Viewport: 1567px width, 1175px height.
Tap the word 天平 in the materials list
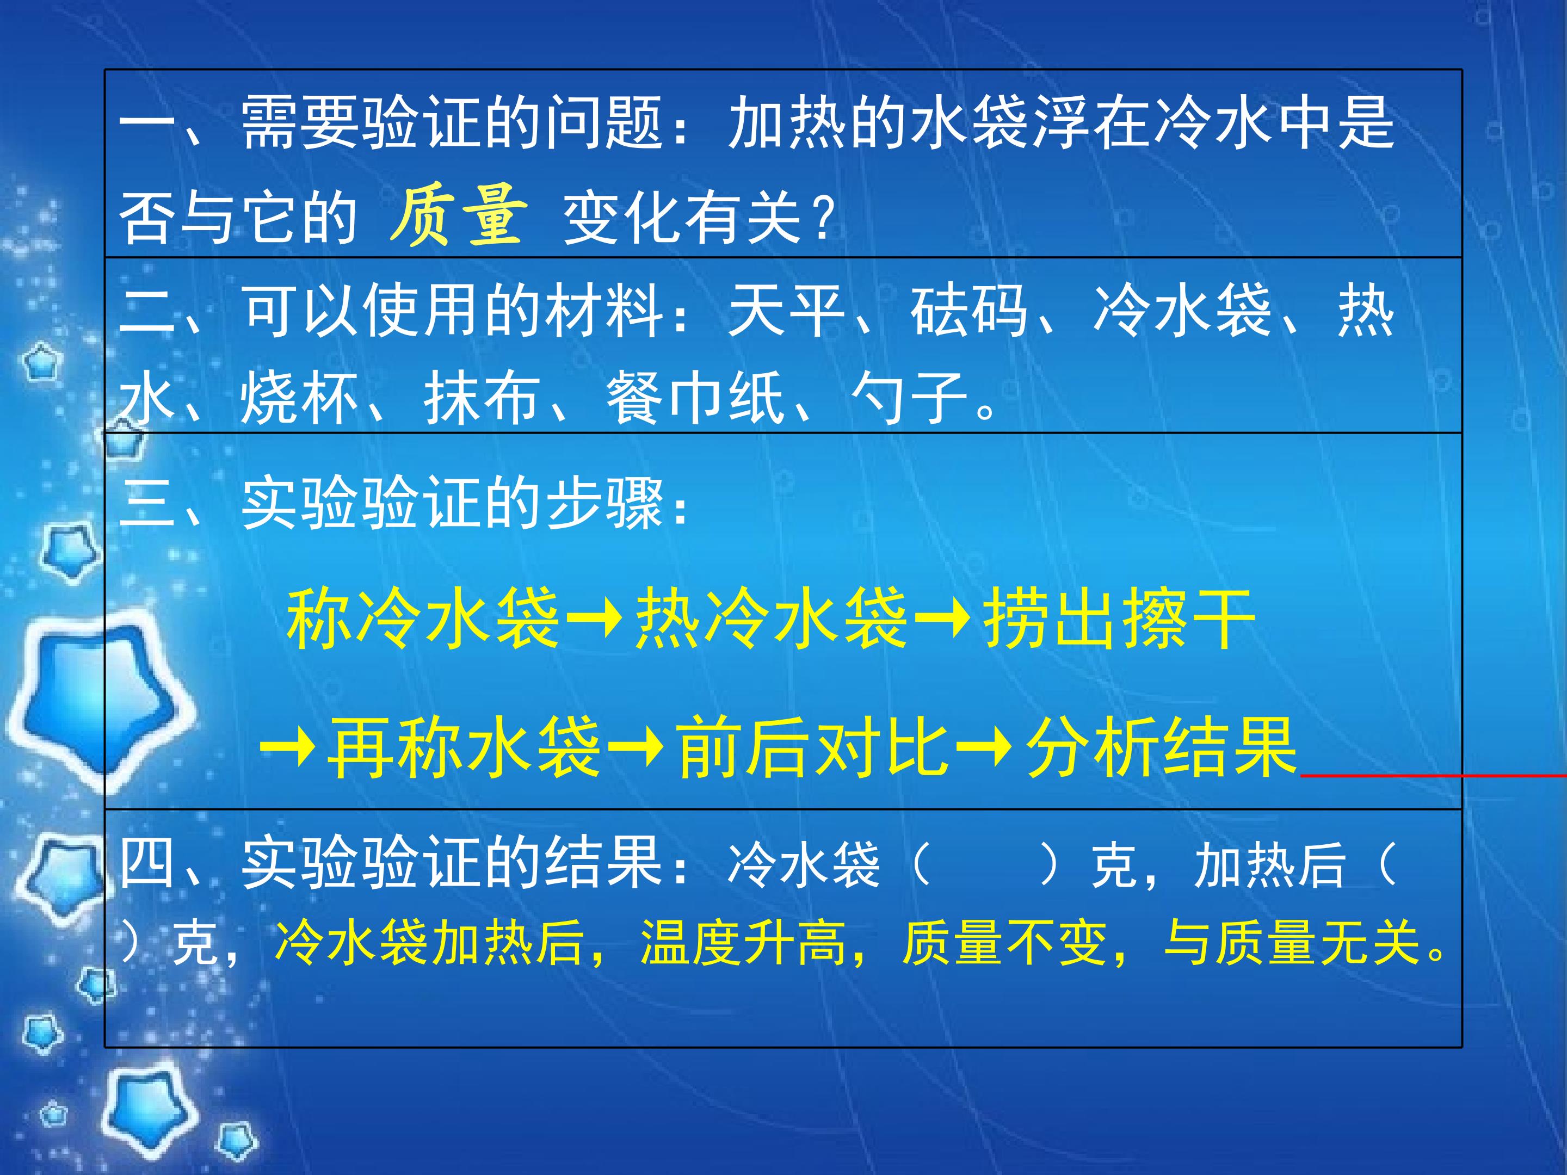[786, 311]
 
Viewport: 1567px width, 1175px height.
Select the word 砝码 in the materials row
[969, 311]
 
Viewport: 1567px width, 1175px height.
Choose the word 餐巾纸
[695, 398]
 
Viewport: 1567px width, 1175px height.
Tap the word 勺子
[909, 398]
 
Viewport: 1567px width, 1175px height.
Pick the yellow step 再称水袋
[464, 747]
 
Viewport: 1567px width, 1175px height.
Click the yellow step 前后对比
[812, 747]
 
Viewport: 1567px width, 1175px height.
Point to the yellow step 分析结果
[1162, 747]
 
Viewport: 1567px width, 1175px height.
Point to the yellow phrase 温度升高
[744, 943]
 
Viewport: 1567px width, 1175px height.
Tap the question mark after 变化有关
[824, 216]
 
